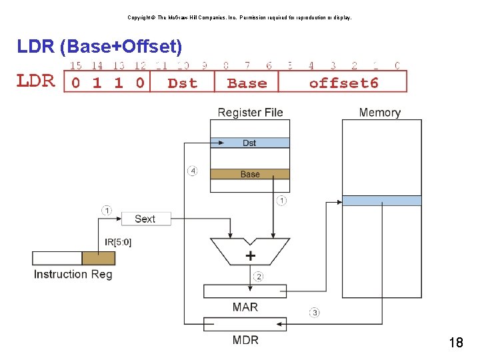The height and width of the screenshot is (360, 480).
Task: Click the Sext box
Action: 146,219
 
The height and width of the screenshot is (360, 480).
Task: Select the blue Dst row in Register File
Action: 249,143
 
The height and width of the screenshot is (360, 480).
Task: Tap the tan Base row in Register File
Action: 249,174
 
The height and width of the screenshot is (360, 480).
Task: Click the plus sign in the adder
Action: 251,255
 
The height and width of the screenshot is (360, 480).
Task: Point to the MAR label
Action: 245,307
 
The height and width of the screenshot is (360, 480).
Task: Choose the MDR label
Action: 245,340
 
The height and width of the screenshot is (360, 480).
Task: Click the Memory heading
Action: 379,113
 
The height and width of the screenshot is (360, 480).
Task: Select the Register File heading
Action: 250,113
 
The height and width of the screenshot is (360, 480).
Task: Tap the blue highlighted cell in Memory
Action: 381,201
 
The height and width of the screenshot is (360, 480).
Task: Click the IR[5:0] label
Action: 118,242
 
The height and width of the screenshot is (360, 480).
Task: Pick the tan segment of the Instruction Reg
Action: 98,258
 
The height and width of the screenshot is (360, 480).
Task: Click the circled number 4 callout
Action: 193,171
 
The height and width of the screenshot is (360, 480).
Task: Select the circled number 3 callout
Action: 314,312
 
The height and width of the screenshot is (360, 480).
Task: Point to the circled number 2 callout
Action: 259,277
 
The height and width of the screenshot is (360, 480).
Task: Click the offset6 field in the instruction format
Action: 343,83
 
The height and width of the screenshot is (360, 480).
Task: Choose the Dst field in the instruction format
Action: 182,83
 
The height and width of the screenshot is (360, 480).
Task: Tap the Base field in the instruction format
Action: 247,83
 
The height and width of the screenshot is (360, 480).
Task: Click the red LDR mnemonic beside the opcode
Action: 35,81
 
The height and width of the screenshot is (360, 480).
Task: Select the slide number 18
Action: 456,343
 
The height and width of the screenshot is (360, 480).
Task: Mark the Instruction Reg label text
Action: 73,274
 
